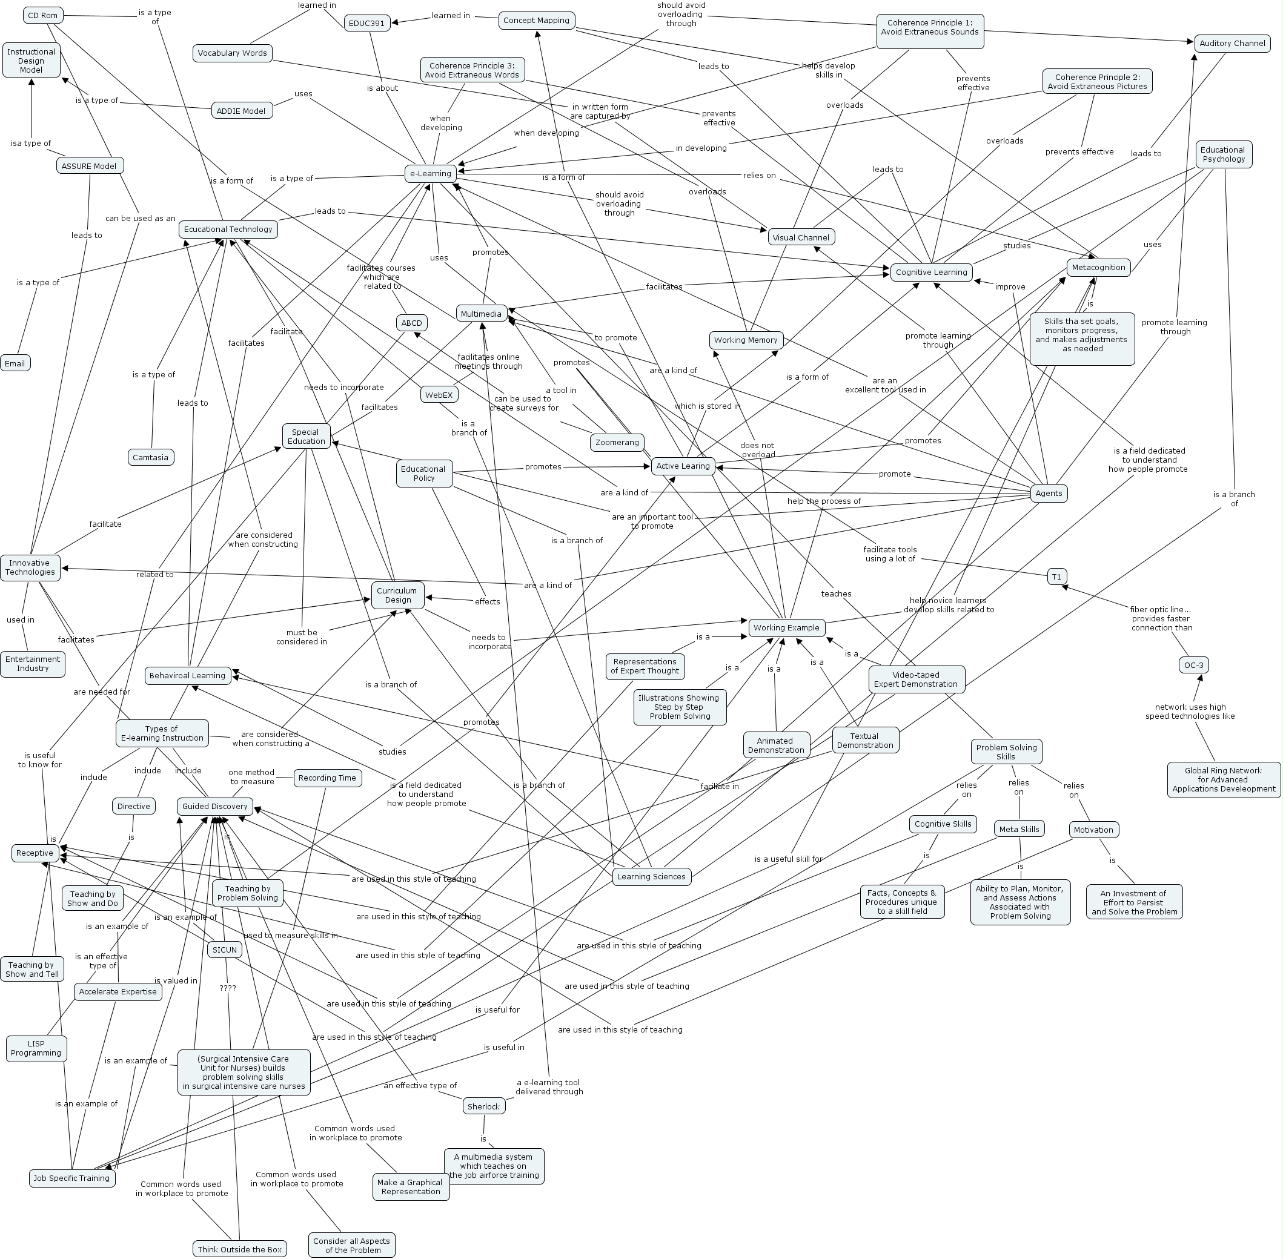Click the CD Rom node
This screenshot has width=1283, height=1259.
click(43, 15)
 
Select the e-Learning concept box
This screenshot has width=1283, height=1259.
click(431, 173)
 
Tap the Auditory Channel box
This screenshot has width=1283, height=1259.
click(1232, 44)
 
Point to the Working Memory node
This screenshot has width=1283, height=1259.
click(745, 340)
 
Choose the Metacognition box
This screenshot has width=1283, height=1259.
click(1098, 267)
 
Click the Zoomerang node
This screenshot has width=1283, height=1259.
click(617, 442)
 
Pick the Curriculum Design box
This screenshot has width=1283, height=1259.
click(397, 595)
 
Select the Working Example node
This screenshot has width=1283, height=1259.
click(786, 627)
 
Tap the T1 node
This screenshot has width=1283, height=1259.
click(1057, 577)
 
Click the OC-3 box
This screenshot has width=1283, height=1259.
click(1194, 664)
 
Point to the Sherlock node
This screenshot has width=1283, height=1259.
click(483, 1106)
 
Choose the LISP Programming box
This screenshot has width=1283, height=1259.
click(36, 1048)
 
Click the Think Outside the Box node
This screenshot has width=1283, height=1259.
click(239, 1249)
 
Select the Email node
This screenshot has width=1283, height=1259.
click(15, 363)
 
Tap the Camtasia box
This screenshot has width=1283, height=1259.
click(150, 457)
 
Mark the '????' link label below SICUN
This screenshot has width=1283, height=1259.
click(228, 988)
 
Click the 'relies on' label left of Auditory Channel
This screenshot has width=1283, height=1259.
click(758, 175)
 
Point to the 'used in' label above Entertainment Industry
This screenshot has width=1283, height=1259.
click(21, 620)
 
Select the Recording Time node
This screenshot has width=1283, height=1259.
click(327, 778)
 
